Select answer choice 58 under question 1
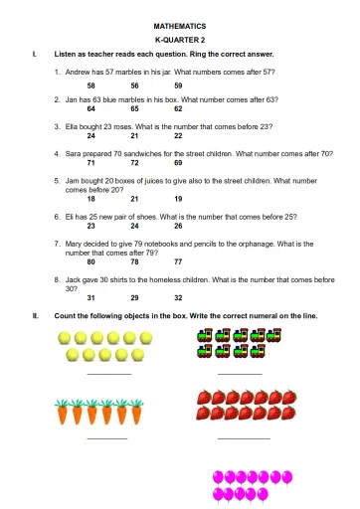pos(91,86)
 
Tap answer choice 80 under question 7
pos(91,261)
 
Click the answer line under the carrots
pos(106,437)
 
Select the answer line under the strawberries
pos(243,437)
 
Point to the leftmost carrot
pos(63,411)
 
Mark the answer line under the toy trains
pos(239,373)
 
